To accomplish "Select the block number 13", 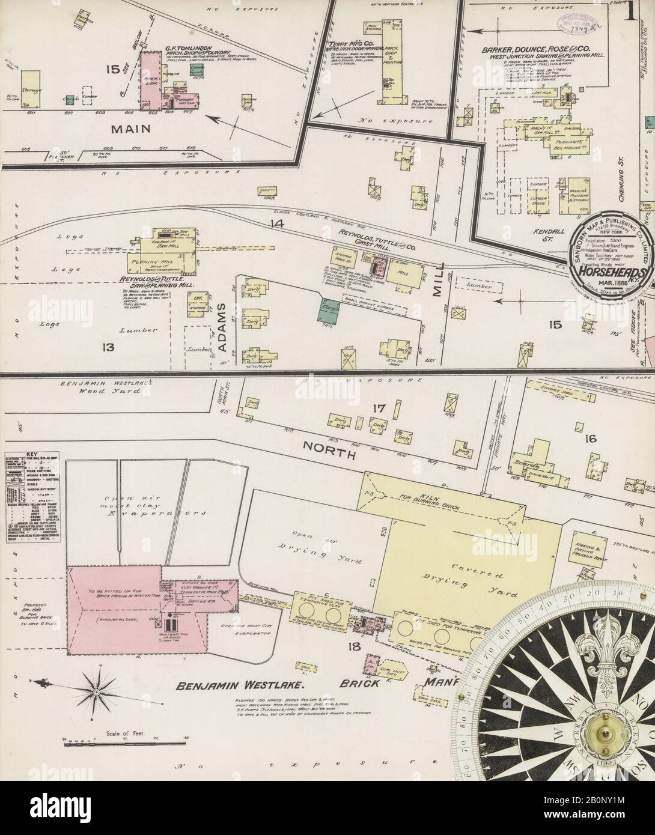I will [108, 347].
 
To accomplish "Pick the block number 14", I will [276, 224].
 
